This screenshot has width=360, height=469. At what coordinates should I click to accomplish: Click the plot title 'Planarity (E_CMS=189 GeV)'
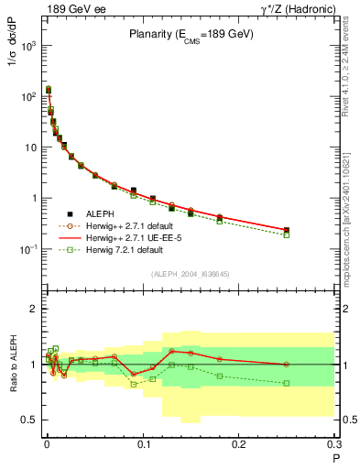point(191,34)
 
